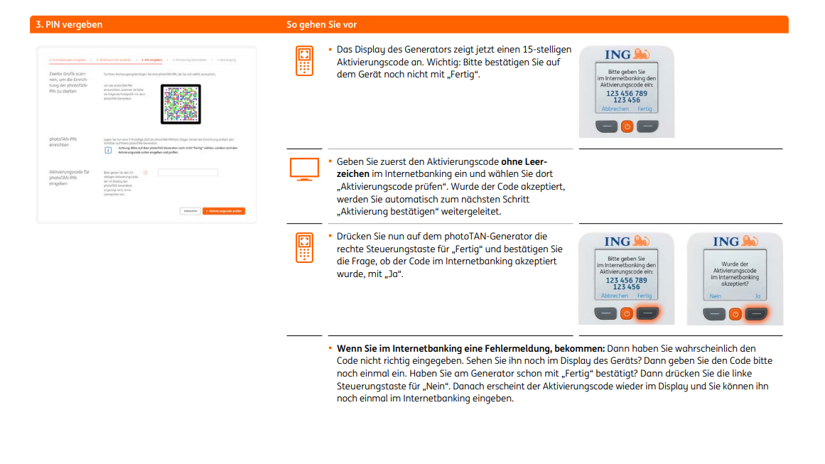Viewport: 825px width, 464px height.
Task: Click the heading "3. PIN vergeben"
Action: (69, 25)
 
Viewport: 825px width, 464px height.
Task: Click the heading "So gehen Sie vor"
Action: (321, 25)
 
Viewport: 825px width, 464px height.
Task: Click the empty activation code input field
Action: (188, 172)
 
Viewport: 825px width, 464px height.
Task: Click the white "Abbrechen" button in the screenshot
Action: (190, 211)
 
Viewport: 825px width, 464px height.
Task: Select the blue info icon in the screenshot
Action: (108, 150)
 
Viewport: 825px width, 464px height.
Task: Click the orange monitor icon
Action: (304, 169)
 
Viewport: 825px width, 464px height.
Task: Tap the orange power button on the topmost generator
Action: (627, 126)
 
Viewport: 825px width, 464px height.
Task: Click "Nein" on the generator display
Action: (715, 296)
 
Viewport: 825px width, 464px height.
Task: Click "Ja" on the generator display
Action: (757, 296)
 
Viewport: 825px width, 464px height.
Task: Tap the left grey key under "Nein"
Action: (714, 313)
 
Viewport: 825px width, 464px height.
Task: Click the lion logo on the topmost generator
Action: (641, 55)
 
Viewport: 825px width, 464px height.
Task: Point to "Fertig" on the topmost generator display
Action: (644, 109)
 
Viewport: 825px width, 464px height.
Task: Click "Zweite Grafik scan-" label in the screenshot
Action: (69, 74)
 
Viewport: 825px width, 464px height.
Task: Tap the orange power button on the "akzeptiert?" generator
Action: (735, 313)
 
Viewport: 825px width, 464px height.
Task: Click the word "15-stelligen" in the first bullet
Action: (544, 50)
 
